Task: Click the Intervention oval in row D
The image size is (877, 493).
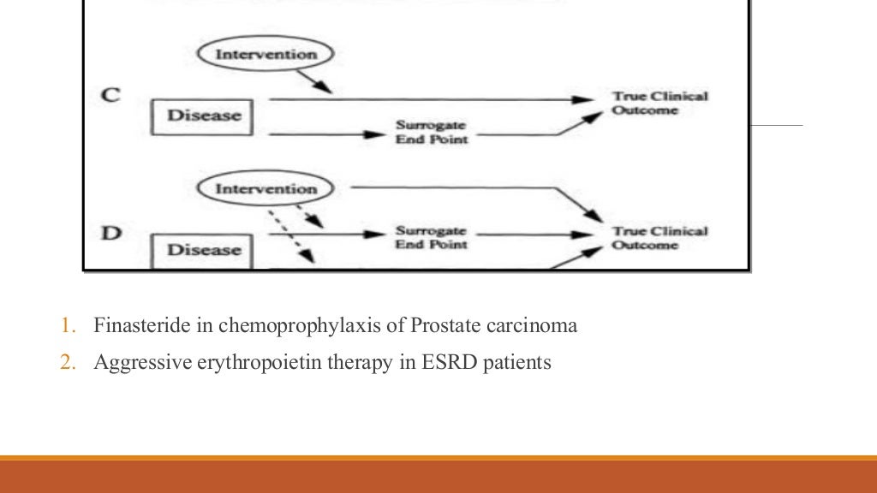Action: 265,188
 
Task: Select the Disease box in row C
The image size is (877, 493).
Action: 203,116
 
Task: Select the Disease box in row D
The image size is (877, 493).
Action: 203,250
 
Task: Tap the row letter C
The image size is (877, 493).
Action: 110,95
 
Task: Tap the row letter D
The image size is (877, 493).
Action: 110,231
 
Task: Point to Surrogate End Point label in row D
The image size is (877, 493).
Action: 430,237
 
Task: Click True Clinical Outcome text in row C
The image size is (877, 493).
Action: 659,103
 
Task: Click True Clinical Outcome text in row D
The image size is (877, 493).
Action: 659,238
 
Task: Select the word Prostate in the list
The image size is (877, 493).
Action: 439,326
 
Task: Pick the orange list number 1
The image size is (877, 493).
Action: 68,326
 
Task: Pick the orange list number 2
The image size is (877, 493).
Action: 68,363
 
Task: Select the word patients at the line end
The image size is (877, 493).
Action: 517,363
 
